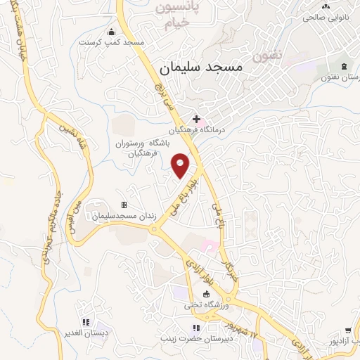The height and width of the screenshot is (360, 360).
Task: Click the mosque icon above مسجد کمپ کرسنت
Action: (111, 32)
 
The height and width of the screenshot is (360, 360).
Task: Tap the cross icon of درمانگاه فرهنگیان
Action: (196, 120)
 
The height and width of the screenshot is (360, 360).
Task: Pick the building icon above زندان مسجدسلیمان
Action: (124, 205)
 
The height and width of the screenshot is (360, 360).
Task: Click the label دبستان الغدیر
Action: (85, 332)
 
